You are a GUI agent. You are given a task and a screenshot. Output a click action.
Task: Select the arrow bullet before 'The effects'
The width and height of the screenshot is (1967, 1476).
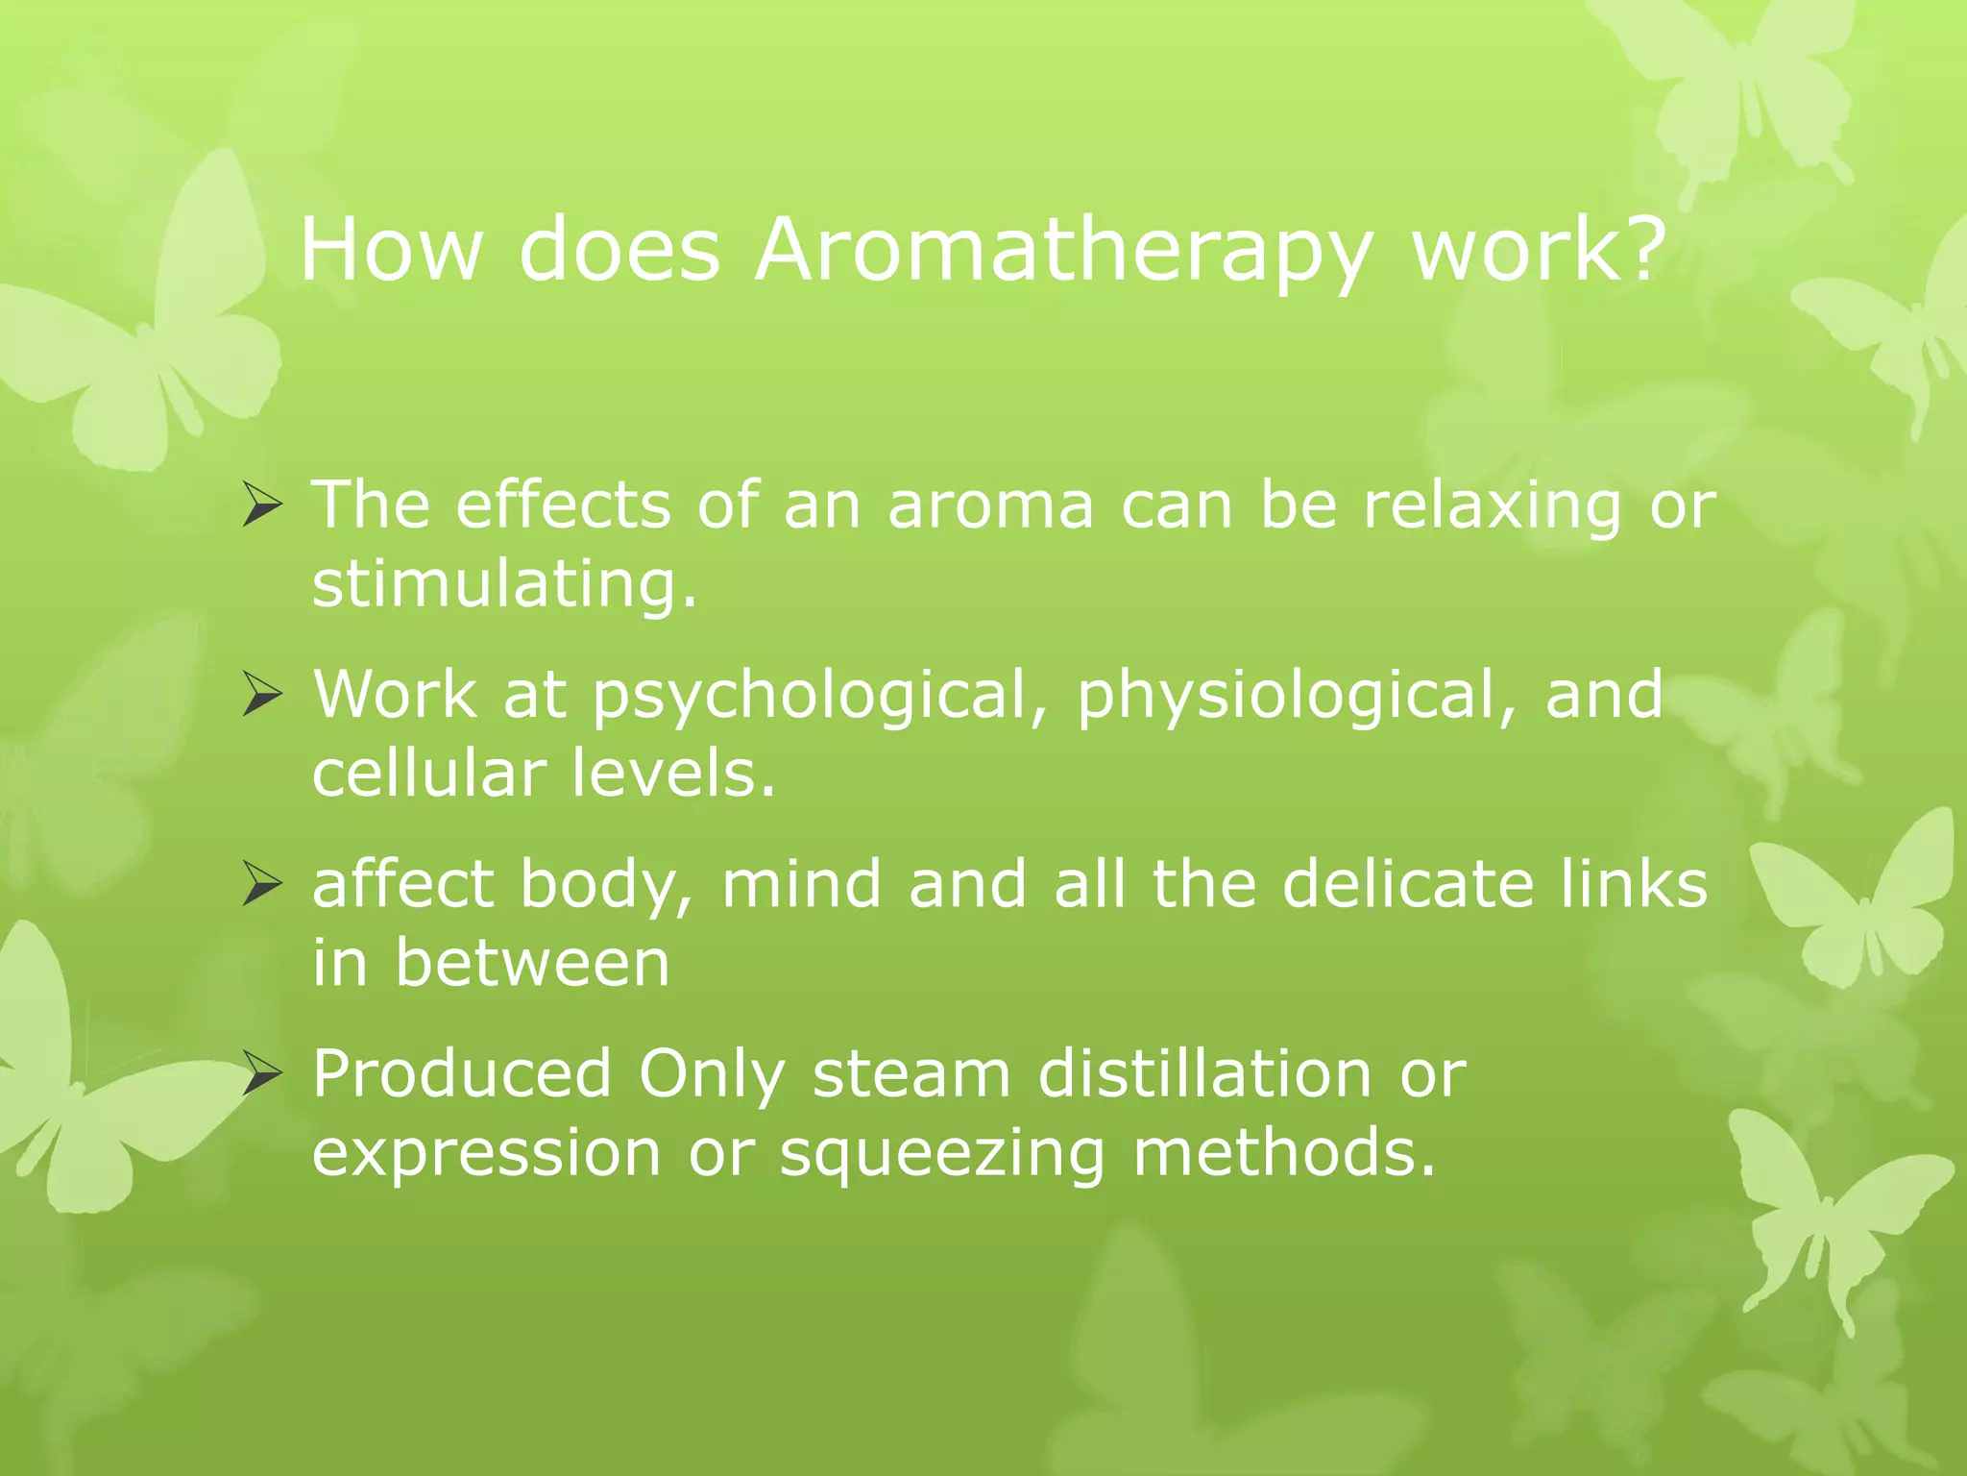(x=261, y=504)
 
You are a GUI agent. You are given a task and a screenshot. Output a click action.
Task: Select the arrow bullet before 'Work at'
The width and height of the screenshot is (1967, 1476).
(x=261, y=694)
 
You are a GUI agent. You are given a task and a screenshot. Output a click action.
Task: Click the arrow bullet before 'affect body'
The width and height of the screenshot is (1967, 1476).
(x=261, y=883)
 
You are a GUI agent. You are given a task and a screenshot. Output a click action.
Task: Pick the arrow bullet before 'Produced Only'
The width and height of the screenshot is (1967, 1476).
(x=261, y=1073)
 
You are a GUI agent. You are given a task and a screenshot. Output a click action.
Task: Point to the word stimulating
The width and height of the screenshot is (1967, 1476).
(x=504, y=584)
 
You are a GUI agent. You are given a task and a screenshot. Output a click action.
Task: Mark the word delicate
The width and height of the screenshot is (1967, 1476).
(x=1408, y=883)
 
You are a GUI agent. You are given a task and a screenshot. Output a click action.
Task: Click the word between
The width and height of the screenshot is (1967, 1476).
(x=532, y=963)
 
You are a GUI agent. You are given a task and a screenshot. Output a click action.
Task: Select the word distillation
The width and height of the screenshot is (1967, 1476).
(x=1204, y=1073)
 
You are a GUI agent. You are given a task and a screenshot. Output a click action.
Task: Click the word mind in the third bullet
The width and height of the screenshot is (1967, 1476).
(x=801, y=883)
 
